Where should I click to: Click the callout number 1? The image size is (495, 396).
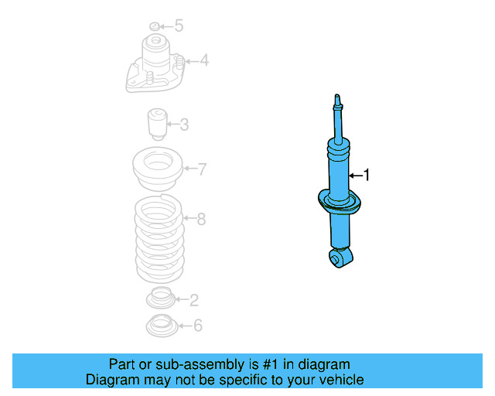(x=367, y=176)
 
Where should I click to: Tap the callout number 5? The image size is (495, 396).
(x=179, y=26)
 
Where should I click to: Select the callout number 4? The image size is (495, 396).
(x=203, y=60)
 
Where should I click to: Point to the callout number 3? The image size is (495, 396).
(x=184, y=125)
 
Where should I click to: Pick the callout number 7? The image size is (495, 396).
(x=201, y=169)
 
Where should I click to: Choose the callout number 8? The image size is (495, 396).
(x=201, y=220)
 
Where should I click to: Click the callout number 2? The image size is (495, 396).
(x=194, y=299)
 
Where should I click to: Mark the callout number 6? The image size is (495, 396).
(x=197, y=326)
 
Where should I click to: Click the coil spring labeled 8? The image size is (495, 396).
(x=159, y=240)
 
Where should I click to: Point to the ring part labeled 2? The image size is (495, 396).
(x=161, y=297)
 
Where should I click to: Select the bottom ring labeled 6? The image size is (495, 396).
(x=161, y=326)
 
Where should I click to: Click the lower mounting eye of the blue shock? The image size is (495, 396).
(x=339, y=258)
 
